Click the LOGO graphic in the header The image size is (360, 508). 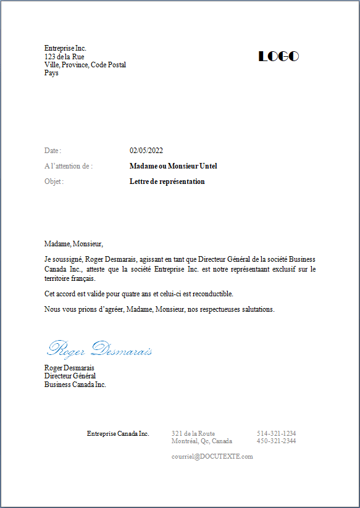point(278,56)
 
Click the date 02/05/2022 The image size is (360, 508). point(146,151)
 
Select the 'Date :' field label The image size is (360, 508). point(52,151)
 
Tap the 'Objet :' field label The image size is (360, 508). point(54,181)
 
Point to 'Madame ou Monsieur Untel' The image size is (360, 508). point(174,166)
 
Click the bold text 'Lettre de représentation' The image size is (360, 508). point(167,181)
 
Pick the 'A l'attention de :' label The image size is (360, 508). point(69,166)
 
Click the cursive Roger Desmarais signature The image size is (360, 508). point(99,349)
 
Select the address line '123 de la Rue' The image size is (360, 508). point(64,57)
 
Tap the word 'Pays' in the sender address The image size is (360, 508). point(51,73)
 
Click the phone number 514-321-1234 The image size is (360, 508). point(276,433)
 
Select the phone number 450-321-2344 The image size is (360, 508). point(276,441)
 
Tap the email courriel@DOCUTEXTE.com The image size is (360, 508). point(212,456)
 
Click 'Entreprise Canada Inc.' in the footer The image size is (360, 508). point(118,433)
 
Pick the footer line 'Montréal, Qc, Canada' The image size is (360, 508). point(202,441)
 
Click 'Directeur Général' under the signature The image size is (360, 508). point(70,376)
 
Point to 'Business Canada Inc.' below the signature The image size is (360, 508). point(75,384)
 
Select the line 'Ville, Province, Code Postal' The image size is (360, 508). point(85,65)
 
